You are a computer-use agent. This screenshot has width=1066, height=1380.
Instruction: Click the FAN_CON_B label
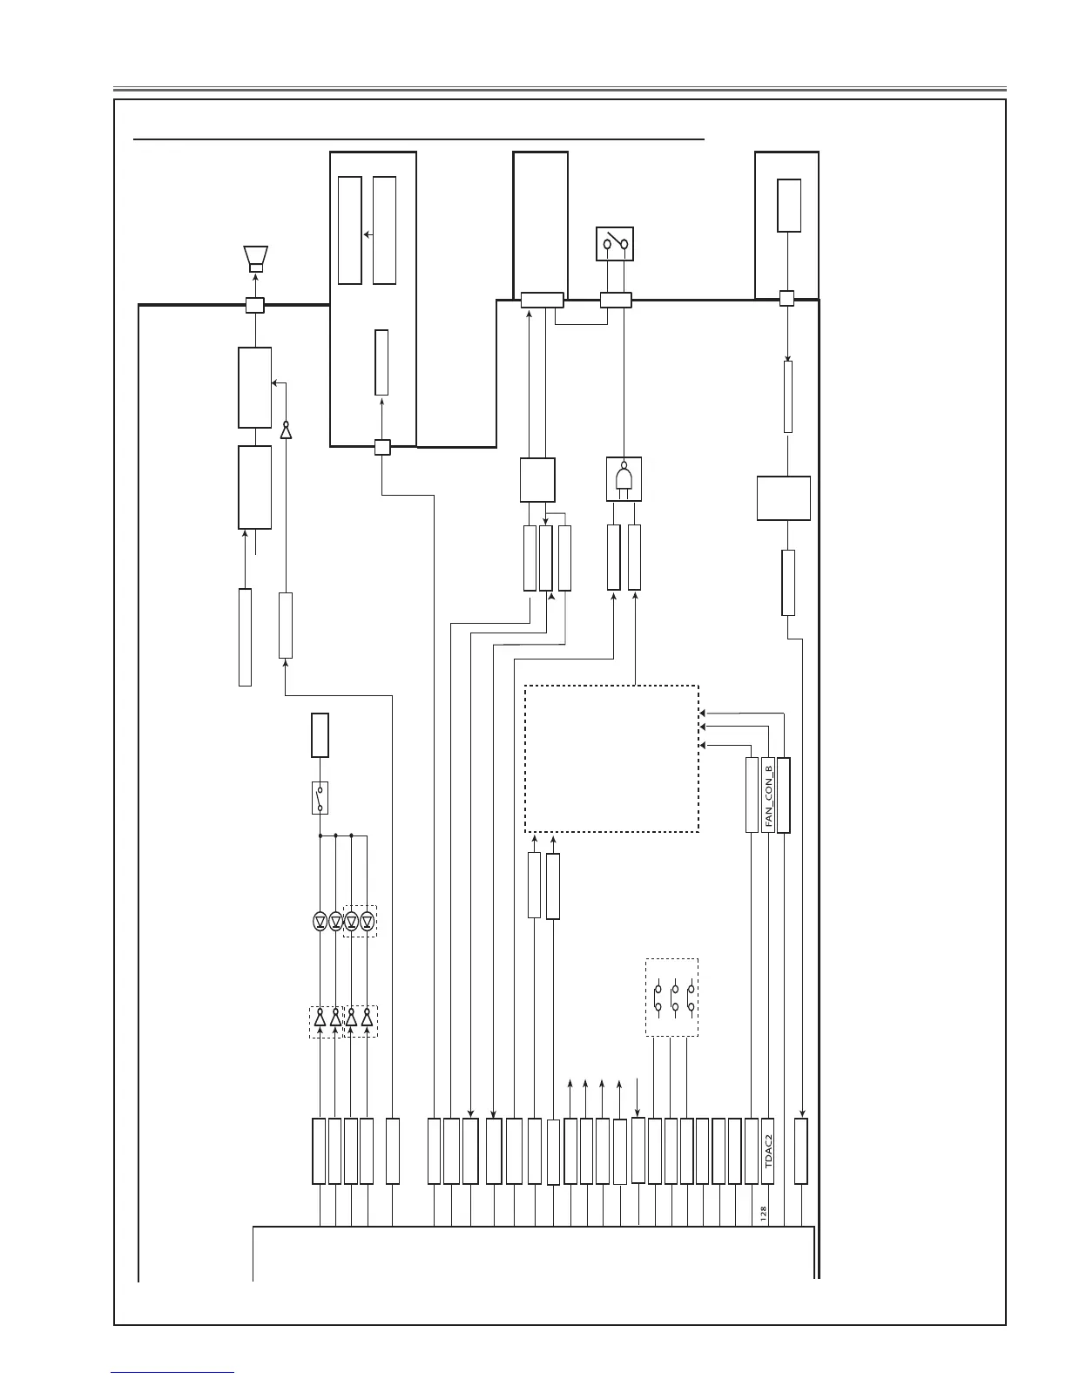coord(768,795)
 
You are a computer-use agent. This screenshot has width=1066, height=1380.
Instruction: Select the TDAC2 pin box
coord(768,1151)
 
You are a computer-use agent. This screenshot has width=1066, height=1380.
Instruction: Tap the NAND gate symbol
coord(624,479)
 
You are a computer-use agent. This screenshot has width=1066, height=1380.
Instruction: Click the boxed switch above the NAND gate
coord(614,244)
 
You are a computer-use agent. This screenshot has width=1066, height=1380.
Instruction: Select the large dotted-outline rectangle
coord(611,759)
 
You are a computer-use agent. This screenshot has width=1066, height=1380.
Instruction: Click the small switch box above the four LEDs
coord(320,798)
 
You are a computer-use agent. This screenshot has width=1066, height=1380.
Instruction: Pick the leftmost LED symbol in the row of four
coord(320,921)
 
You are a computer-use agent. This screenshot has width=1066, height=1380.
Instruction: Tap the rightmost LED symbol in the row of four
coord(367,921)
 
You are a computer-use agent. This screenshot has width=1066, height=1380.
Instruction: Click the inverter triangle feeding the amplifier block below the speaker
coord(285,430)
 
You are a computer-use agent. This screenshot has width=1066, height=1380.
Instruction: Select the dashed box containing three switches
coord(671,998)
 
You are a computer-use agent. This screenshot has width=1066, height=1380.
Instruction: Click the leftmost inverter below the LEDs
coord(320,1018)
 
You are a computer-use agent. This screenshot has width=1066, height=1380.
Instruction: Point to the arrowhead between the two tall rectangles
coord(366,234)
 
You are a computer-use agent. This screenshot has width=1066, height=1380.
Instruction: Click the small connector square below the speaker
coord(254,305)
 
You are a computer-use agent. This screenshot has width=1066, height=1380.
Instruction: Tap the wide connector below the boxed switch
coord(616,301)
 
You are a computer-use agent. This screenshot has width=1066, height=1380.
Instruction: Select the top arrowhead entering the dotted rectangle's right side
coord(702,714)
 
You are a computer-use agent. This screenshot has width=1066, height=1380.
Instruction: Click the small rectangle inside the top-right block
coord(789,205)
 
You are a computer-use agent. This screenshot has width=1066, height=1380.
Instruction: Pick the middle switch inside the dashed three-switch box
coord(675,998)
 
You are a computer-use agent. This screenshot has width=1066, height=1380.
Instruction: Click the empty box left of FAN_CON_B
coord(752,795)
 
